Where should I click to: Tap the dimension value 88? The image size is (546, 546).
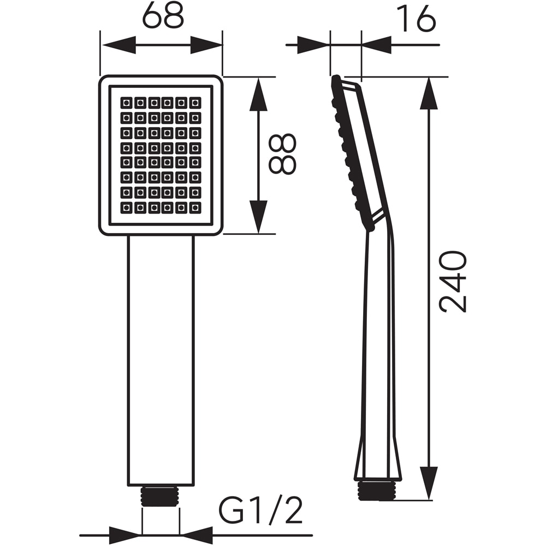283,154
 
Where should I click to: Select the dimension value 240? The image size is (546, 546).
454,281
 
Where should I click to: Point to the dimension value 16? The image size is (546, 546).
416,20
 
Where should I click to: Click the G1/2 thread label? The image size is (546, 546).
260,511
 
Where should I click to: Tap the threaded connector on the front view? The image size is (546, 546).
161,496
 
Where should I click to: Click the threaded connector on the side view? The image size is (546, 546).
377,490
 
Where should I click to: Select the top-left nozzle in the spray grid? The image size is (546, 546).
126,103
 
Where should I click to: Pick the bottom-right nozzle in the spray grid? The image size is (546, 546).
195,207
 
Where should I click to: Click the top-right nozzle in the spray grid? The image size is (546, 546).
195,103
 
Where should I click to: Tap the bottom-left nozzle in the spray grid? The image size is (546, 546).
126,207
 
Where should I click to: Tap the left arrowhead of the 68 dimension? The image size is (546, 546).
117,45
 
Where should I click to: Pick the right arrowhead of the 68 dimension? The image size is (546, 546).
206,45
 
